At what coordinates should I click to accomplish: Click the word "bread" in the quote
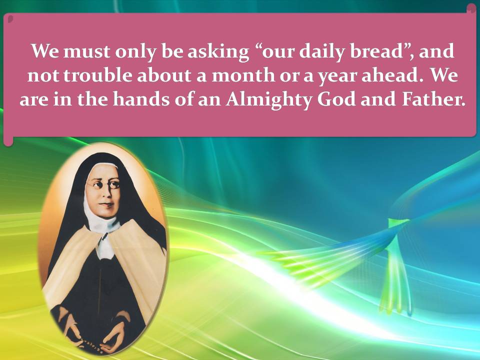pos(375,51)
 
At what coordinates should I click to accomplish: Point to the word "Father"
pos(433,99)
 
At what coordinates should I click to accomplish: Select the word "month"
pos(243,75)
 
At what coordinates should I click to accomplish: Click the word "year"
pos(337,76)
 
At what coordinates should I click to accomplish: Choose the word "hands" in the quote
pos(141,99)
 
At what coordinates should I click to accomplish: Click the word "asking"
pos(218,52)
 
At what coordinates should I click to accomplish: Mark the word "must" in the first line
pos(86,51)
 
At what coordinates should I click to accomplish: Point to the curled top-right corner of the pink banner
pos(471,8)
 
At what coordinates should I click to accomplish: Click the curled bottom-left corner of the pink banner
pos(8,140)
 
